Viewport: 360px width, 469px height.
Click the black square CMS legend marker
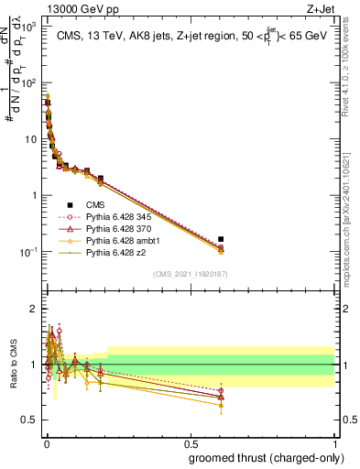pyautogui.click(x=70, y=205)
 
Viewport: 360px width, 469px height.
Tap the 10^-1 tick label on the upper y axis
pyautogui.click(x=28, y=252)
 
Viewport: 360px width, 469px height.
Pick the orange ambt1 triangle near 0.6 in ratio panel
pyautogui.click(x=220, y=405)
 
